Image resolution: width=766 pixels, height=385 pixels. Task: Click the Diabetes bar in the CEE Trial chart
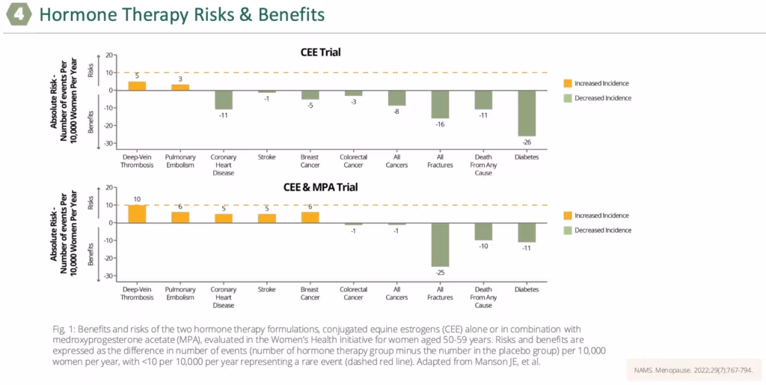(527, 114)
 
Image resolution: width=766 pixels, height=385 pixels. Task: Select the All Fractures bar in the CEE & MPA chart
(440, 245)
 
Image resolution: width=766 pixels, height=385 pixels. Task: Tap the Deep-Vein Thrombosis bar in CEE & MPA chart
(137, 213)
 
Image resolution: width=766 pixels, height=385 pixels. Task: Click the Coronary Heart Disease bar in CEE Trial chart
(224, 100)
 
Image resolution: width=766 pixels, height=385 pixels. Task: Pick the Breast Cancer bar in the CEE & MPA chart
(310, 217)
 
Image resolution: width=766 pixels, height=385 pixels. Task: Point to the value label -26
(527, 142)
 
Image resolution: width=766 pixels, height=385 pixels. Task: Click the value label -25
(440, 273)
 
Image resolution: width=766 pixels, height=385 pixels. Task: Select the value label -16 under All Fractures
(440, 124)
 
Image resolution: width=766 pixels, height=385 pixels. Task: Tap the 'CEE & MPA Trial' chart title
(320, 187)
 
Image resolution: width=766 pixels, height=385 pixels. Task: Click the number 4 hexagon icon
(19, 15)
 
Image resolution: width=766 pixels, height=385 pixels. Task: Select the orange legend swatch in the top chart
(567, 83)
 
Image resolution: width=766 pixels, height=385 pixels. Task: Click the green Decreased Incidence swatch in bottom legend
(567, 230)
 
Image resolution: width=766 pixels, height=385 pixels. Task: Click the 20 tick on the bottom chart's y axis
(109, 187)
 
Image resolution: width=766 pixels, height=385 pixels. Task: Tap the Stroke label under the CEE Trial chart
(267, 157)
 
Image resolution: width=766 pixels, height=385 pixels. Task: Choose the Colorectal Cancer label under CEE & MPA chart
(353, 294)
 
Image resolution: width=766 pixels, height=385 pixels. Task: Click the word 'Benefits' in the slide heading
(292, 15)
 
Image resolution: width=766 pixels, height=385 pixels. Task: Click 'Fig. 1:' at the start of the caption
(61, 329)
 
